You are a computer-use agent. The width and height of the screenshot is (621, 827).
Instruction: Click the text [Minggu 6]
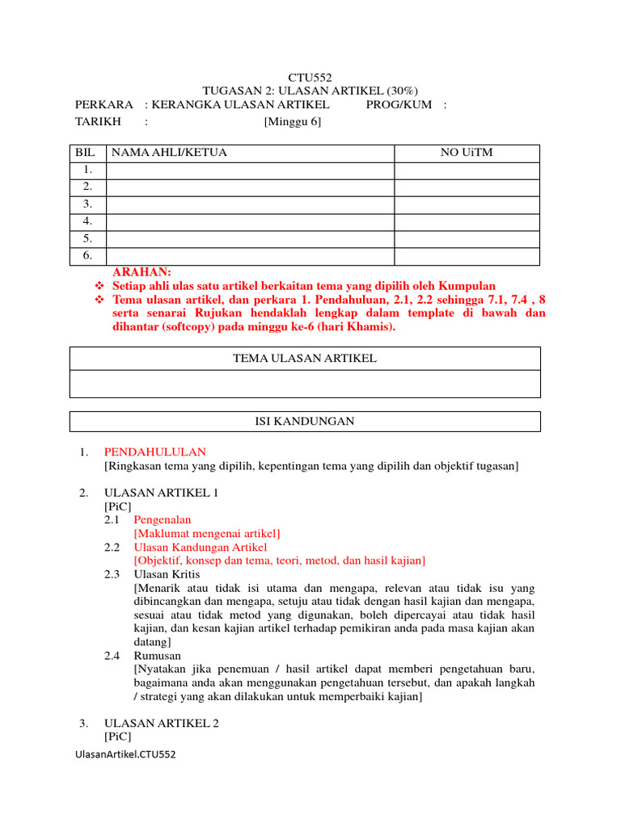[x=292, y=121]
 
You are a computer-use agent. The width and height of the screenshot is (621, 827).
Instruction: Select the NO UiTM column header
[x=466, y=153]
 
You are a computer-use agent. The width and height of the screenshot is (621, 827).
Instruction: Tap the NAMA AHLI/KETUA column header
[x=169, y=153]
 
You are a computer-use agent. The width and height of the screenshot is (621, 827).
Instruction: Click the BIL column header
[x=85, y=153]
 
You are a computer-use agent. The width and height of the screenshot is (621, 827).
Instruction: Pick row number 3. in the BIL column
[x=87, y=204]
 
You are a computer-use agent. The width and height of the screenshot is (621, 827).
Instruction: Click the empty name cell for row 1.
[x=250, y=170]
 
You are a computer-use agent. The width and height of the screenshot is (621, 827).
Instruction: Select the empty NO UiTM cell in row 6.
[x=467, y=255]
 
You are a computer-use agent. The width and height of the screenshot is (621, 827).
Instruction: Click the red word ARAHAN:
[x=142, y=273]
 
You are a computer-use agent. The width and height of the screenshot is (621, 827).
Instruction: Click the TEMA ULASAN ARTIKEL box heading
[x=305, y=358]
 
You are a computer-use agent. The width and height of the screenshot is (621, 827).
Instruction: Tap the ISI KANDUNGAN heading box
[x=305, y=422]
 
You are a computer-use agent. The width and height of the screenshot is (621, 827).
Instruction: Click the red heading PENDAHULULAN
[x=154, y=452]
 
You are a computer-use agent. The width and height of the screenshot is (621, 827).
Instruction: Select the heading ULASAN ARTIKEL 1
[x=161, y=493]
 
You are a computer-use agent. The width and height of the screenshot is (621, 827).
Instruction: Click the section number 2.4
[x=112, y=656]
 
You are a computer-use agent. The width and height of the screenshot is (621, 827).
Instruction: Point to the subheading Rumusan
[x=157, y=656]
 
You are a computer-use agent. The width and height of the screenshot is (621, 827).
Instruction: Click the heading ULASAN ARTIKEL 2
[x=162, y=724]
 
